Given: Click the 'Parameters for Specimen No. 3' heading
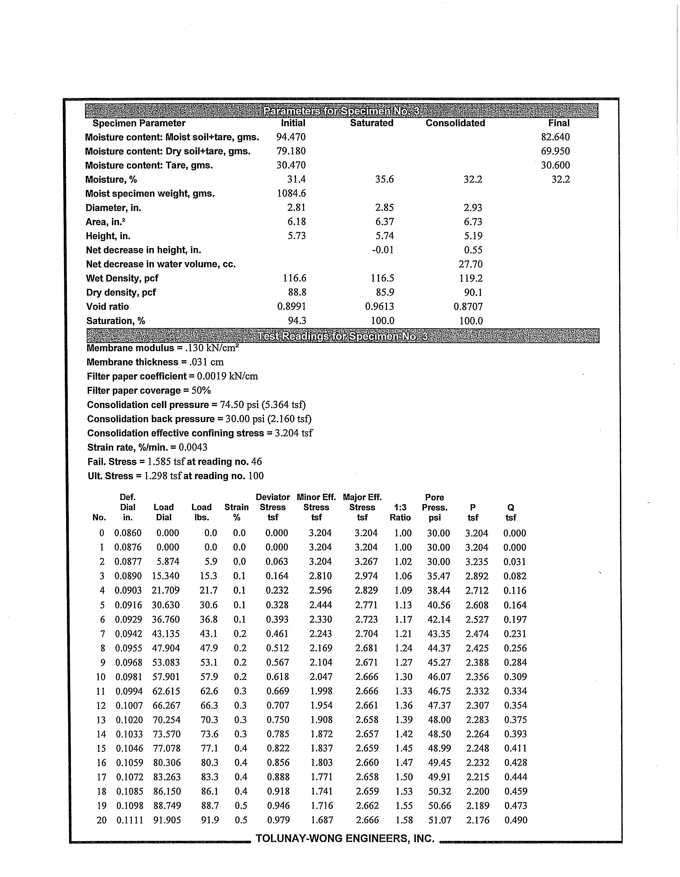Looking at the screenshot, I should [x=342, y=111].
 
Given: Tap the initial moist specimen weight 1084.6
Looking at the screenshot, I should [x=291, y=193].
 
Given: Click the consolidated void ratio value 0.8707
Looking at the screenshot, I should [x=468, y=307].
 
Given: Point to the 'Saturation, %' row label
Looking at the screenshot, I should [x=116, y=321].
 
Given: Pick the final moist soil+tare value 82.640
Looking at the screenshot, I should [x=555, y=137].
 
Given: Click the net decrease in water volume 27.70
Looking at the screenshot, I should [x=470, y=264].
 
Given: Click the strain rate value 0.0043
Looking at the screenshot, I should [x=193, y=447].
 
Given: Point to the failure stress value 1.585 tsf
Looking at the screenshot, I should [x=165, y=462].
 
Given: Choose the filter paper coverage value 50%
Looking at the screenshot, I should [x=201, y=391].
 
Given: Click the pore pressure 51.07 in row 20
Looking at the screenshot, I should [x=440, y=820].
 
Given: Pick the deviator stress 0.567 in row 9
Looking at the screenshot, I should [x=277, y=662].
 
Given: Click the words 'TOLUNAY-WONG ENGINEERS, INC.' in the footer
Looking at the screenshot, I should [x=345, y=838].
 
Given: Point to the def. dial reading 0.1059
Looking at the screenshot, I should [x=129, y=762].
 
